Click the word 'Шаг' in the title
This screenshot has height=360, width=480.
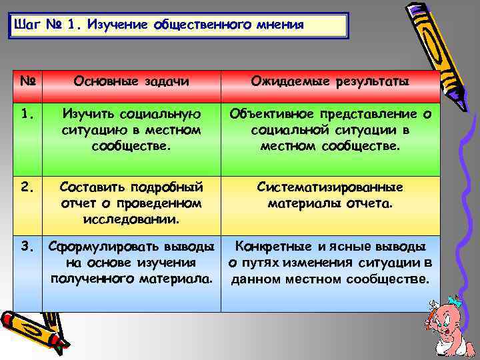tap(26, 25)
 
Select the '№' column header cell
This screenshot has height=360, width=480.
tap(27, 81)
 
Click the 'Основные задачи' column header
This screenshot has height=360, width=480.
tap(131, 81)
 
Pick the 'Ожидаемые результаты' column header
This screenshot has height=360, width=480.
tap(330, 81)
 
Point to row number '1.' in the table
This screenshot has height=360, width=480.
tap(27, 115)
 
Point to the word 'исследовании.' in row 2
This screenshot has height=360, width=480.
tap(131, 218)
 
